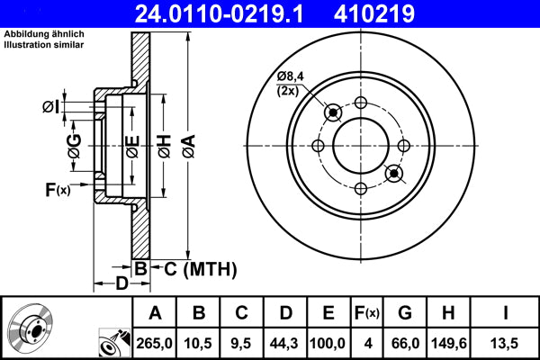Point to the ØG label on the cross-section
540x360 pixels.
[74, 144]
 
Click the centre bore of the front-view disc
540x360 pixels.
[360, 143]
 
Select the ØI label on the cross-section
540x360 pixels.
[51, 108]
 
